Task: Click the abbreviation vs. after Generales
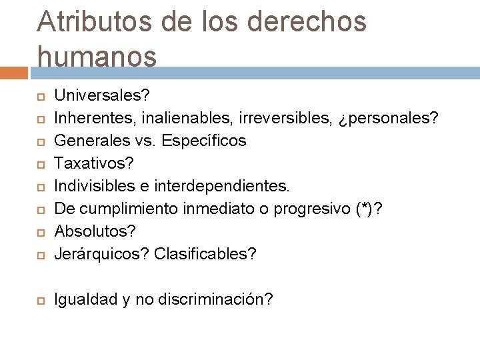(143, 141)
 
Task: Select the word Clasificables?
(205, 255)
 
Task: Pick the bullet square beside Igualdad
(40, 301)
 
